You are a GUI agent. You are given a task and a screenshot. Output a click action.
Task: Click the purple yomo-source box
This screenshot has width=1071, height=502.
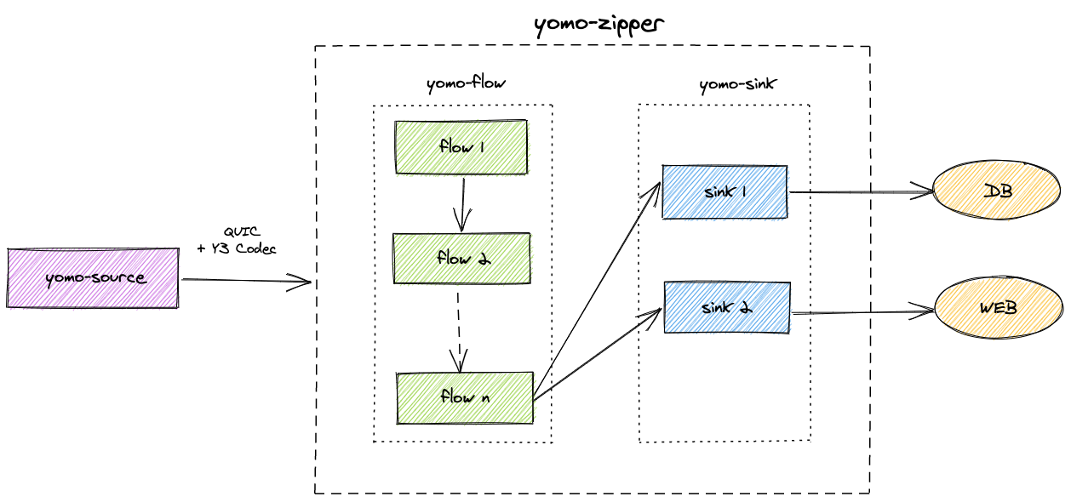93,277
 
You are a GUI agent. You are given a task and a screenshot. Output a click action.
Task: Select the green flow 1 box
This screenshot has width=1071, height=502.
461,147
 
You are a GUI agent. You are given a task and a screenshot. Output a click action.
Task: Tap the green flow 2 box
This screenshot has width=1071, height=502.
461,258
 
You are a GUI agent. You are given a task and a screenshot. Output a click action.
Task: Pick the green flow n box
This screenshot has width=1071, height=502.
464,396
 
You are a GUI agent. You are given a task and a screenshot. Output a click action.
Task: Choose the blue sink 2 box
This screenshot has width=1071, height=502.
726,307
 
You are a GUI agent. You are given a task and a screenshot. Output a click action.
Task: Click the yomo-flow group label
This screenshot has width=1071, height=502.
466,83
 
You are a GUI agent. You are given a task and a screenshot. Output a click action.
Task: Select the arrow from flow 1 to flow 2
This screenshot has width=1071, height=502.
461,204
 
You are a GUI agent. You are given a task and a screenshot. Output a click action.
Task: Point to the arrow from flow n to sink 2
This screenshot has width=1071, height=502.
596,353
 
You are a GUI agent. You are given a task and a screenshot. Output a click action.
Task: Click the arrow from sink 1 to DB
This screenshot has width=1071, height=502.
860,192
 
